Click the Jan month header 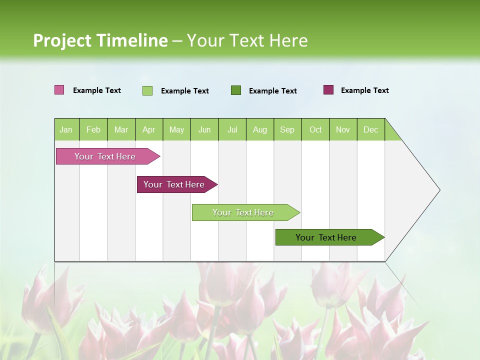[66, 129]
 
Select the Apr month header [148, 129]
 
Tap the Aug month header [259, 129]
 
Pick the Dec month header [370, 129]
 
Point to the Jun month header [204, 129]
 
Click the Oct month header [315, 129]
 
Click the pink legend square [59, 90]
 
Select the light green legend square [147, 90]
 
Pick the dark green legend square [236, 90]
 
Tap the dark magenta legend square [328, 90]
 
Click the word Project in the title [62, 40]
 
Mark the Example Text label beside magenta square [364, 90]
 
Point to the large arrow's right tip [439, 190]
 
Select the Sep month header [287, 129]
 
